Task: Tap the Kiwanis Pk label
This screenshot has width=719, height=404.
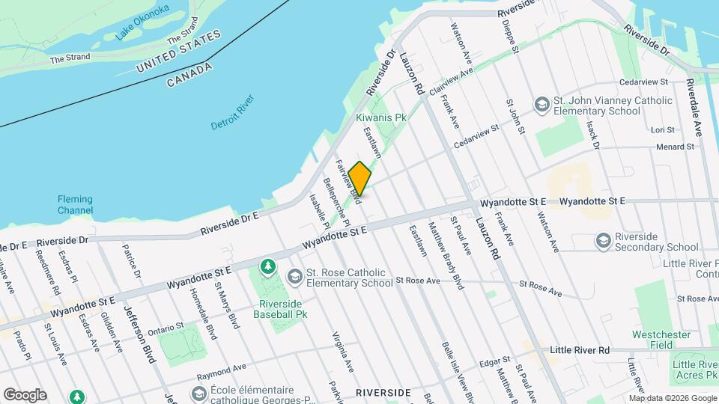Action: pos(380,118)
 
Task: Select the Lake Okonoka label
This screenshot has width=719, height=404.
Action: pos(142,22)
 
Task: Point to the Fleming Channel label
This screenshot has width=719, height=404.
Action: pos(75,204)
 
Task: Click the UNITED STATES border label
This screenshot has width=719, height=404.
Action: pos(179,51)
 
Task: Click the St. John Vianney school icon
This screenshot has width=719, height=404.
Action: pos(540,105)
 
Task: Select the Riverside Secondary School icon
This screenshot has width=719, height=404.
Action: pos(603,241)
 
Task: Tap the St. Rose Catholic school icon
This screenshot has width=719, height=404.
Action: pos(294,277)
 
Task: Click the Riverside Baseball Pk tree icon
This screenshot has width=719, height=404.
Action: pos(267,266)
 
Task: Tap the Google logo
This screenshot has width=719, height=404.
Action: pos(25,394)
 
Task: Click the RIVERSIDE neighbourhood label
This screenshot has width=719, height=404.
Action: pos(383,392)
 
